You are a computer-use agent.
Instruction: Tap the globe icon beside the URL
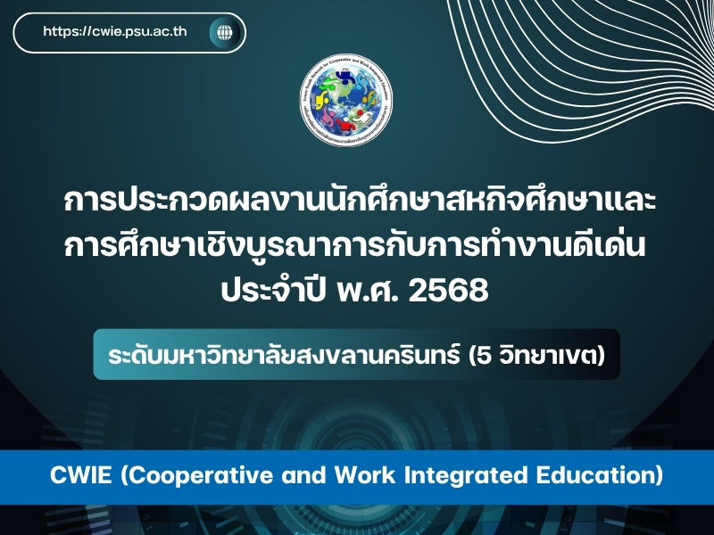point(223,33)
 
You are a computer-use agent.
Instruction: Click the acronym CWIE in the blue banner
point(79,475)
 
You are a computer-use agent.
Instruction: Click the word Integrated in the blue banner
point(432,475)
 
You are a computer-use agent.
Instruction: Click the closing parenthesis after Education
point(659,475)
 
